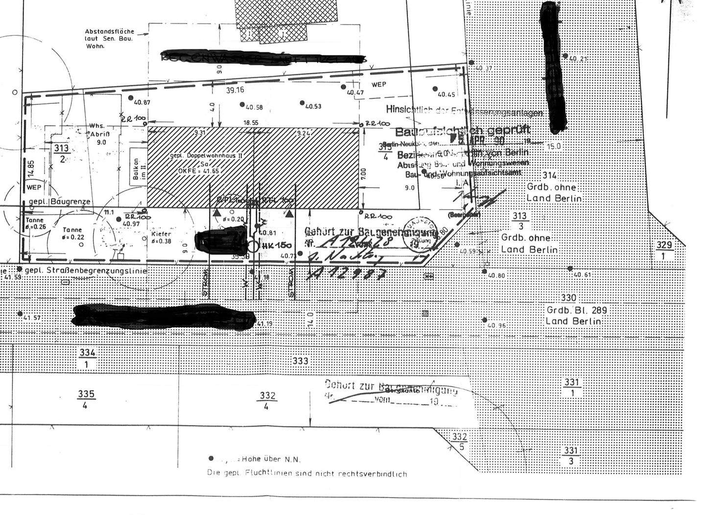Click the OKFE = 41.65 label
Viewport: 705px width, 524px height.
point(198,171)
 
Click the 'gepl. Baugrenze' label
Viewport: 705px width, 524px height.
point(59,202)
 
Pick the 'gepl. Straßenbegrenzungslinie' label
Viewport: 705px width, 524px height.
point(86,271)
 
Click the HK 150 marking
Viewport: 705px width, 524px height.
point(277,246)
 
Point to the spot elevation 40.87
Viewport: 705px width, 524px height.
point(141,102)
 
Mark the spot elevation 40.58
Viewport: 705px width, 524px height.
point(254,107)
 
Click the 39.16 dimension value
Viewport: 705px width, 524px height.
point(235,90)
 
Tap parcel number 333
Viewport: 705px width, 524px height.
point(300,361)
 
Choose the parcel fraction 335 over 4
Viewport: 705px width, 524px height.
point(86,399)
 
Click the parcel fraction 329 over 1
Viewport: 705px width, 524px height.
point(663,250)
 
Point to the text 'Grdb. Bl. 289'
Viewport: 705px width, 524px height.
point(577,310)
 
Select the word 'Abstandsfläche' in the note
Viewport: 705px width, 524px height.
point(109,32)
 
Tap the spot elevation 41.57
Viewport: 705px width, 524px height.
point(32,318)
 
